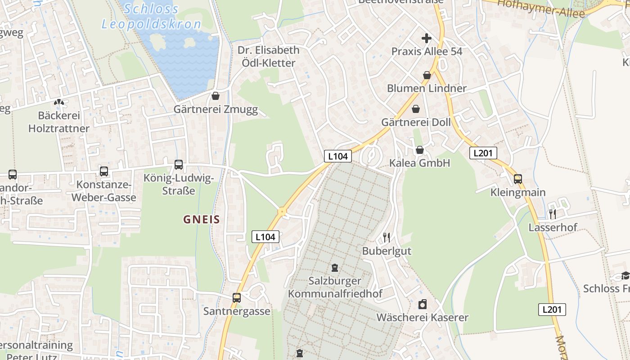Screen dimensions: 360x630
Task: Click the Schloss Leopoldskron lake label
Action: [151, 16]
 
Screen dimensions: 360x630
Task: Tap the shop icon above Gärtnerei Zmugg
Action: [216, 96]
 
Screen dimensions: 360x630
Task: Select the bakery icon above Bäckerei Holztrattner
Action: [59, 102]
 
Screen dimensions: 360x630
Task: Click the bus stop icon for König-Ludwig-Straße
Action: [179, 165]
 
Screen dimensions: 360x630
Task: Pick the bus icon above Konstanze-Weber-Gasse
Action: [104, 171]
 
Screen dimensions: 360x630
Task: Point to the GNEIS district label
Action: [202, 220]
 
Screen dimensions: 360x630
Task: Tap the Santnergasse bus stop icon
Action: [237, 297]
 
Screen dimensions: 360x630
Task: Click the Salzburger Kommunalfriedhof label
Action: [335, 287]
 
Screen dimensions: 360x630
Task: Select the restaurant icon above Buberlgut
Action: [387, 237]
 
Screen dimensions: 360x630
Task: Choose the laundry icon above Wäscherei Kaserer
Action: [422, 304]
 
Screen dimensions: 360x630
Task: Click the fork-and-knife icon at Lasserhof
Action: [553, 214]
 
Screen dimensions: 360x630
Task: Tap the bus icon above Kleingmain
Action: [518, 179]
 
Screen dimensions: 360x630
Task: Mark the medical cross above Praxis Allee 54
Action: [427, 38]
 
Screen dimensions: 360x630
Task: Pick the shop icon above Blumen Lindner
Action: [427, 75]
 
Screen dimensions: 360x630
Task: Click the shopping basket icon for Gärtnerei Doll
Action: [416, 109]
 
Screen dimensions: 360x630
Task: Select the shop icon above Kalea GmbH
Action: [420, 150]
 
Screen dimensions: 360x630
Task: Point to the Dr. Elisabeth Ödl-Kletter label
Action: [269, 56]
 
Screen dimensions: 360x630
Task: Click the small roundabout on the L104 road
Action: [282, 211]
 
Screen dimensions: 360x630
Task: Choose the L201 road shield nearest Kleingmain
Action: [483, 153]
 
